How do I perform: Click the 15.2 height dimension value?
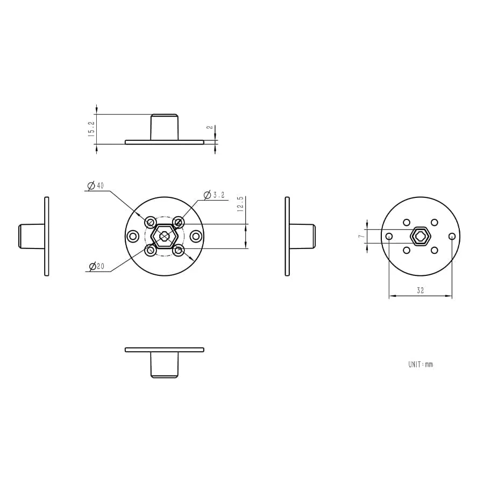[x=91, y=129]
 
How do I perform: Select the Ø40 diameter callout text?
[x=96, y=186]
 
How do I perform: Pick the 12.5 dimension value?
[x=241, y=204]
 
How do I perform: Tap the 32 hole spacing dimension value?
[x=420, y=290]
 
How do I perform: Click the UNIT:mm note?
[x=420, y=365]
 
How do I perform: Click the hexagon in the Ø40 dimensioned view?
[x=164, y=236]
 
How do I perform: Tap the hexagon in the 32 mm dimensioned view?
[x=421, y=236]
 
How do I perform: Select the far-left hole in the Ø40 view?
[x=133, y=236]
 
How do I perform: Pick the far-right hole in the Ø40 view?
[x=196, y=236]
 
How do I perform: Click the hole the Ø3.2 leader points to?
[x=179, y=222]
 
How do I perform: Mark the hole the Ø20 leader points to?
[x=151, y=250]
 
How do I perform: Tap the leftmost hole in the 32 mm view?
[x=389, y=236]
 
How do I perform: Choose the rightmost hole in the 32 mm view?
[x=452, y=236]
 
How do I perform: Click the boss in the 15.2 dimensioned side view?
[x=164, y=127]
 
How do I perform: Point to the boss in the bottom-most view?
[x=164, y=365]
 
